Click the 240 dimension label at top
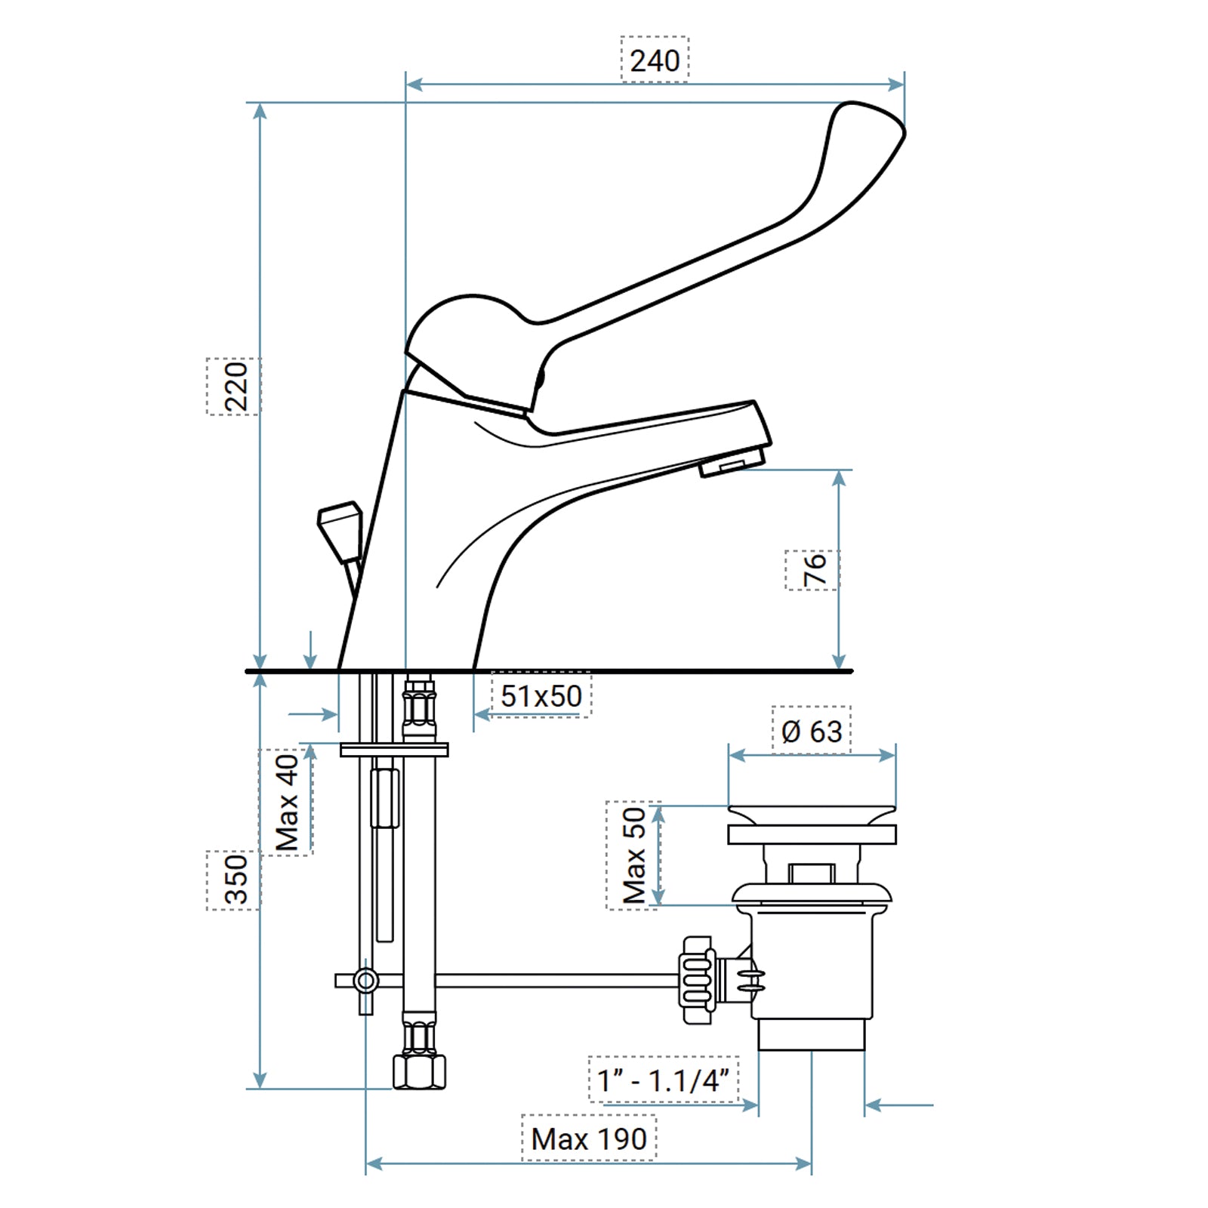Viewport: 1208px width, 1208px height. (654, 60)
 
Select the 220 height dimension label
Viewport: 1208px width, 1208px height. (235, 386)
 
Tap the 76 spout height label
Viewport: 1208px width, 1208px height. (813, 570)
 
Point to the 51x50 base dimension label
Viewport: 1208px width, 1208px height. (541, 695)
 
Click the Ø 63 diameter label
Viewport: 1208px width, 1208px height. (812, 731)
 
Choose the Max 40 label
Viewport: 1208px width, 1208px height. (286, 803)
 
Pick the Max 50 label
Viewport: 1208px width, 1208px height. (634, 855)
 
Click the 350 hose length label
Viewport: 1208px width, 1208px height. (235, 880)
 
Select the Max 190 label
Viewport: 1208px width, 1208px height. (589, 1139)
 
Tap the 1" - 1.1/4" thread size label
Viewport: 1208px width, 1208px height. (664, 1080)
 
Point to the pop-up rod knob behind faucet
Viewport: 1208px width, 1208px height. (340, 532)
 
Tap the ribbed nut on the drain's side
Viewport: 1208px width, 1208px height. (698, 980)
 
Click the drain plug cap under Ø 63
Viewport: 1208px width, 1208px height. (812, 815)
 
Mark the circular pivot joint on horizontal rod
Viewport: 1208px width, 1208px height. (366, 981)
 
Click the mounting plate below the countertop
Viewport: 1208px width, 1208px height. (393, 750)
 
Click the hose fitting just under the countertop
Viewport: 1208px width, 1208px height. (419, 706)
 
